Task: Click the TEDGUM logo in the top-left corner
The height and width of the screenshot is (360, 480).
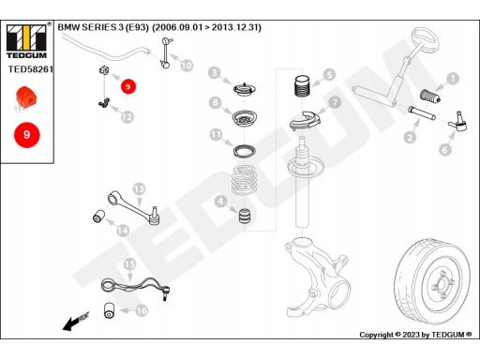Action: [26, 41]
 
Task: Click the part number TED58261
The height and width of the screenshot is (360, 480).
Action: [30, 69]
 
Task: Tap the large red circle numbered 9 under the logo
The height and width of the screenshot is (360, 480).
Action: [27, 135]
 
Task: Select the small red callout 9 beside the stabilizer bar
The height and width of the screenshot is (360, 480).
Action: [128, 86]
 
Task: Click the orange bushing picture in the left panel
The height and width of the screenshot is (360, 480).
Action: [26, 97]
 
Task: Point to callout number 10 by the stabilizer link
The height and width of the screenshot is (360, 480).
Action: [187, 66]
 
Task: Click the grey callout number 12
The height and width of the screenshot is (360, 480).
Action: [127, 117]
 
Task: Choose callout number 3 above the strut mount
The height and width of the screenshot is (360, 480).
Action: [215, 73]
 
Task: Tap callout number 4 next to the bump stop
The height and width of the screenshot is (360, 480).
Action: [220, 202]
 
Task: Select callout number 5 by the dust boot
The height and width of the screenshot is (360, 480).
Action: [329, 75]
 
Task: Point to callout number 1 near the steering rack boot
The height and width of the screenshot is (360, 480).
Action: [453, 79]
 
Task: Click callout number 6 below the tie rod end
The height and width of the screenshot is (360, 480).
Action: [445, 150]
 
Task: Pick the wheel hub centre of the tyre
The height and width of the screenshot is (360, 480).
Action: [442, 284]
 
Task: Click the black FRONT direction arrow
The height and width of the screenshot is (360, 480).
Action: [76, 321]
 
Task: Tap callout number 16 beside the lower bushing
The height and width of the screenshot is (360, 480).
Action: [142, 310]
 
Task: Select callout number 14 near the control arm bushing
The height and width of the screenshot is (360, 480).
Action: [123, 231]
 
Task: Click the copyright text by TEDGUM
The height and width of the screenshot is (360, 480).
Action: [415, 335]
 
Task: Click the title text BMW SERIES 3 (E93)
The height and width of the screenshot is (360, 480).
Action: [103, 27]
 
